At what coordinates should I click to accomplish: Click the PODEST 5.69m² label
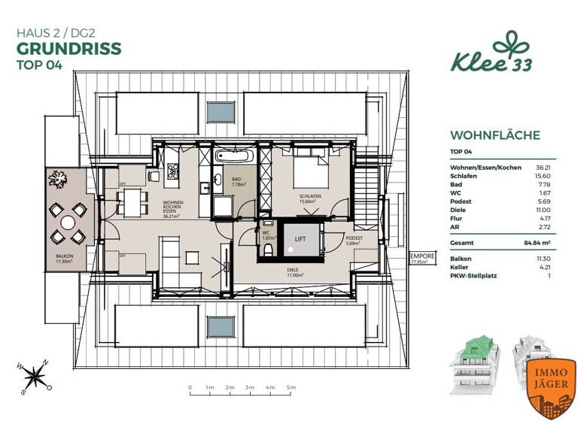coord(354,241)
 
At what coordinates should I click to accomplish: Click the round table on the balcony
coord(68,223)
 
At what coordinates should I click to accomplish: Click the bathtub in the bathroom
coord(235,157)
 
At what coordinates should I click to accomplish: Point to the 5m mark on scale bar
coord(290,389)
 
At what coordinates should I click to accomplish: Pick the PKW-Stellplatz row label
coord(473,277)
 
